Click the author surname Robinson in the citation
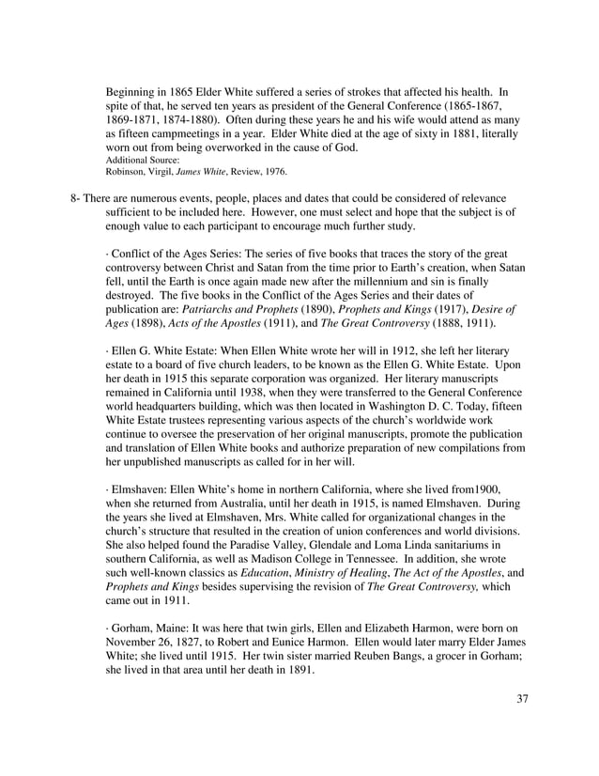(x=130, y=172)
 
